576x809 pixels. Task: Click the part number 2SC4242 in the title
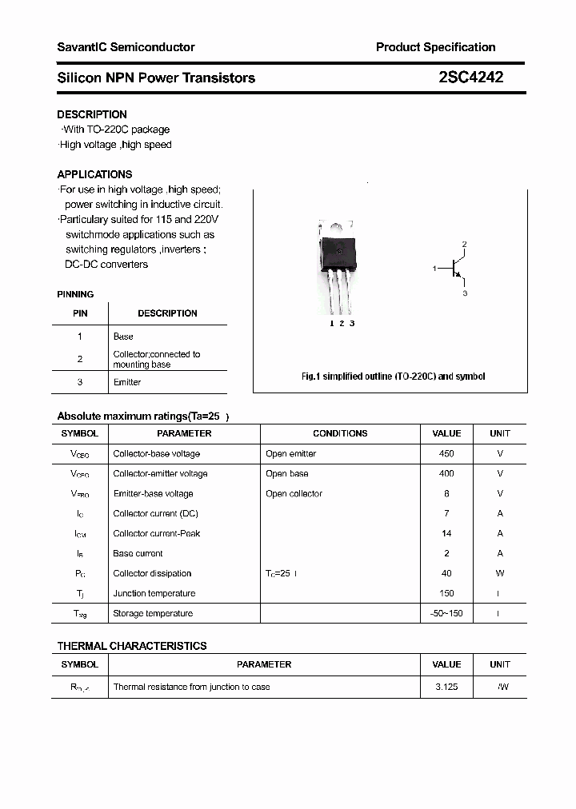click(x=470, y=78)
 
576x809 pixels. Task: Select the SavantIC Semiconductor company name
click(x=126, y=47)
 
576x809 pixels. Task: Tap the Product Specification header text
click(x=435, y=47)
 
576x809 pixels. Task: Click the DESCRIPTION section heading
click(x=92, y=114)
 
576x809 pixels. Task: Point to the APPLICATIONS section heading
click(x=94, y=174)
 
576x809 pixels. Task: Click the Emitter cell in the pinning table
click(x=127, y=382)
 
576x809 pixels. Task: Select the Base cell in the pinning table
click(x=123, y=337)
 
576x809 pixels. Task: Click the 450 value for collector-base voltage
click(x=446, y=453)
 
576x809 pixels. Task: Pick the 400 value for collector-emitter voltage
click(x=446, y=473)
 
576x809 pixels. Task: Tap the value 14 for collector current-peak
click(x=446, y=533)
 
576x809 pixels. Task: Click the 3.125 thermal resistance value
click(x=446, y=687)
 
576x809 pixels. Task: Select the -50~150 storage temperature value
click(x=446, y=613)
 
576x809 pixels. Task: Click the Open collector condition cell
click(x=294, y=493)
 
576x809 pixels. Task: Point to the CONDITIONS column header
click(x=340, y=433)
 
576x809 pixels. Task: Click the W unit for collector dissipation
click(x=500, y=573)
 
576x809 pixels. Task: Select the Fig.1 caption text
click(x=393, y=376)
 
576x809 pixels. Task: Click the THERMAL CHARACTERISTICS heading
click(x=132, y=646)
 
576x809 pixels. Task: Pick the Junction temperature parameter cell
click(x=154, y=593)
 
